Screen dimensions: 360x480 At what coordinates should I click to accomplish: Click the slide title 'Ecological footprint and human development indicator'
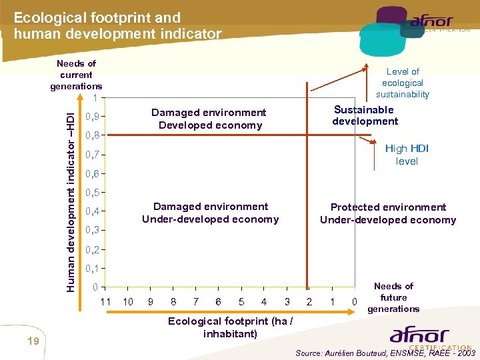(117, 25)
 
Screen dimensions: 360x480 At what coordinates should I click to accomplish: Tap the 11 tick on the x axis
(105, 302)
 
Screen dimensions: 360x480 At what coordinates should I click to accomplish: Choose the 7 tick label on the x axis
(196, 302)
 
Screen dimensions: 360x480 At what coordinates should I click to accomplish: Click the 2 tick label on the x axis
(309, 302)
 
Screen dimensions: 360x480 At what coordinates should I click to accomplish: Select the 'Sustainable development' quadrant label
(365, 115)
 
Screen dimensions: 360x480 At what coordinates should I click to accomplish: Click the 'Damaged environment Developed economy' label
(209, 119)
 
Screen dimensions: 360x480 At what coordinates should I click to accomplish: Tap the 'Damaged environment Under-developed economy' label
(210, 213)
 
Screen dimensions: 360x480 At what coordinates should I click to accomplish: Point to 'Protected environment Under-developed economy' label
(388, 213)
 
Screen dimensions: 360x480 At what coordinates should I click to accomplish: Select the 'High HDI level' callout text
(407, 155)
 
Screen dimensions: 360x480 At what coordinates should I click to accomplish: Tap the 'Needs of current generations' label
(76, 75)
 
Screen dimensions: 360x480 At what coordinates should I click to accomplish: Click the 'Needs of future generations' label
(393, 297)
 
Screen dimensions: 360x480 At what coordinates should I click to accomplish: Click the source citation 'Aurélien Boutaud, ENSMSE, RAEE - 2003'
(385, 353)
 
